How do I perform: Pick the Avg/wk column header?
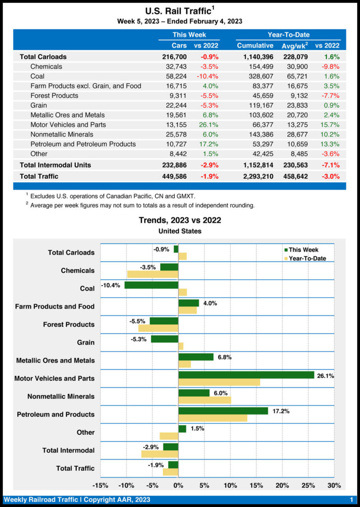pyautogui.click(x=296, y=46)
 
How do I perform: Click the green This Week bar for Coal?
pyautogui.click(x=151, y=285)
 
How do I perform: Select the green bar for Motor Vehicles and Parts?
pyautogui.click(x=246, y=375)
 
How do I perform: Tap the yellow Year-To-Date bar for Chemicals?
pyautogui.click(x=153, y=274)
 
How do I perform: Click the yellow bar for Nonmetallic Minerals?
pyautogui.click(x=205, y=400)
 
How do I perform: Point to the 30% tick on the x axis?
pyautogui.click(x=334, y=485)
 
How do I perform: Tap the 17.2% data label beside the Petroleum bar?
pyautogui.click(x=279, y=411)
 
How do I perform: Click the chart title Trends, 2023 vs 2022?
pyautogui.click(x=180, y=220)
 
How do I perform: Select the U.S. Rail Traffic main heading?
pyautogui.click(x=180, y=11)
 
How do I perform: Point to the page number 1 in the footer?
pyautogui.click(x=351, y=500)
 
